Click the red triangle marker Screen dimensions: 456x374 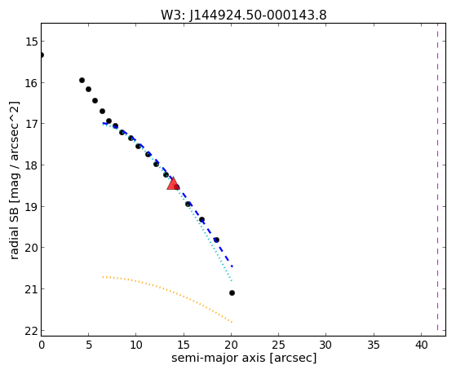[x=173, y=183]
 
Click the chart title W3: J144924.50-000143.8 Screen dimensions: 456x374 [x=244, y=15]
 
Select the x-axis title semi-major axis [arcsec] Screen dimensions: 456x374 [x=244, y=358]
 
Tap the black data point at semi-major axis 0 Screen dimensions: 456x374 [x=42, y=55]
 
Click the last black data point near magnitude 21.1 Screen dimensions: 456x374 [x=232, y=293]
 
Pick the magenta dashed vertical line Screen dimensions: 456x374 [x=437, y=179]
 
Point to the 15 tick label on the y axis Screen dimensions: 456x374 [x=32, y=42]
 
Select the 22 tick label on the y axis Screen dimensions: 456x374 [x=32, y=331]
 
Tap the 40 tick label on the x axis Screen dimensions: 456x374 [x=421, y=345]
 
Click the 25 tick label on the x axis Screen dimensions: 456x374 [x=279, y=345]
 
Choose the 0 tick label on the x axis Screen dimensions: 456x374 [x=42, y=345]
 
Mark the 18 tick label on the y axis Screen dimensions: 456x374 [x=32, y=165]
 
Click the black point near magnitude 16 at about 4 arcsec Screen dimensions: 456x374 [x=82, y=80]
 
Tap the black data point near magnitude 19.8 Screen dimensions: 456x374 [x=216, y=240]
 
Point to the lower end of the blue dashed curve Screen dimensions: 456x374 [x=232, y=266]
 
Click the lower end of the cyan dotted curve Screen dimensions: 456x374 [x=232, y=281]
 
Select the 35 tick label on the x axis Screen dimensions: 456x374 [x=374, y=345]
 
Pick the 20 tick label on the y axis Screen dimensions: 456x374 [x=32, y=248]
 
